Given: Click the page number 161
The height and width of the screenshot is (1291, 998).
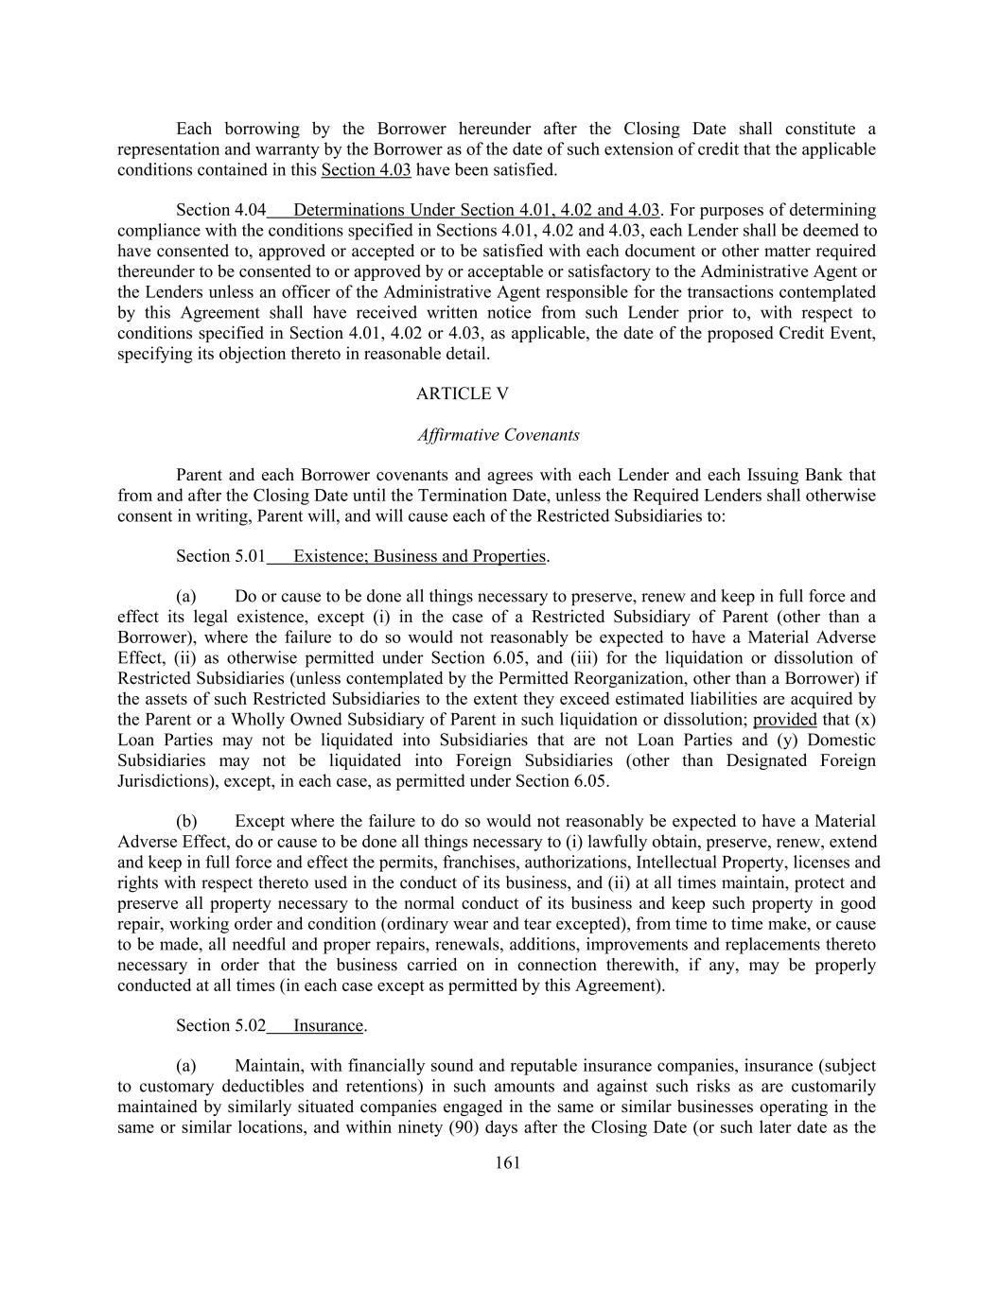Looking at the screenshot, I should coord(507,1162).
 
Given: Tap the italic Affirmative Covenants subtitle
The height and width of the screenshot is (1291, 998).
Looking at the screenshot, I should coord(499,435).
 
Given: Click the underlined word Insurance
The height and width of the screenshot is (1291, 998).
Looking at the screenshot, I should coord(328,1025).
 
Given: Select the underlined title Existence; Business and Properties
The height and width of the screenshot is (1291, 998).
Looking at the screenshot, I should coord(420,556).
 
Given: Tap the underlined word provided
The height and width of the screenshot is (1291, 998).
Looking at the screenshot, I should coord(784,720).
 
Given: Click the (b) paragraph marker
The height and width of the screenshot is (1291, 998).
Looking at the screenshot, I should coord(186,821).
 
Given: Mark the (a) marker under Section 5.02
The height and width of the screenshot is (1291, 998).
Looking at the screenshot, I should coord(186,1066).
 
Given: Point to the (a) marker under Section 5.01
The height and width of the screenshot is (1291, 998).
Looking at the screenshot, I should coord(186,596).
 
